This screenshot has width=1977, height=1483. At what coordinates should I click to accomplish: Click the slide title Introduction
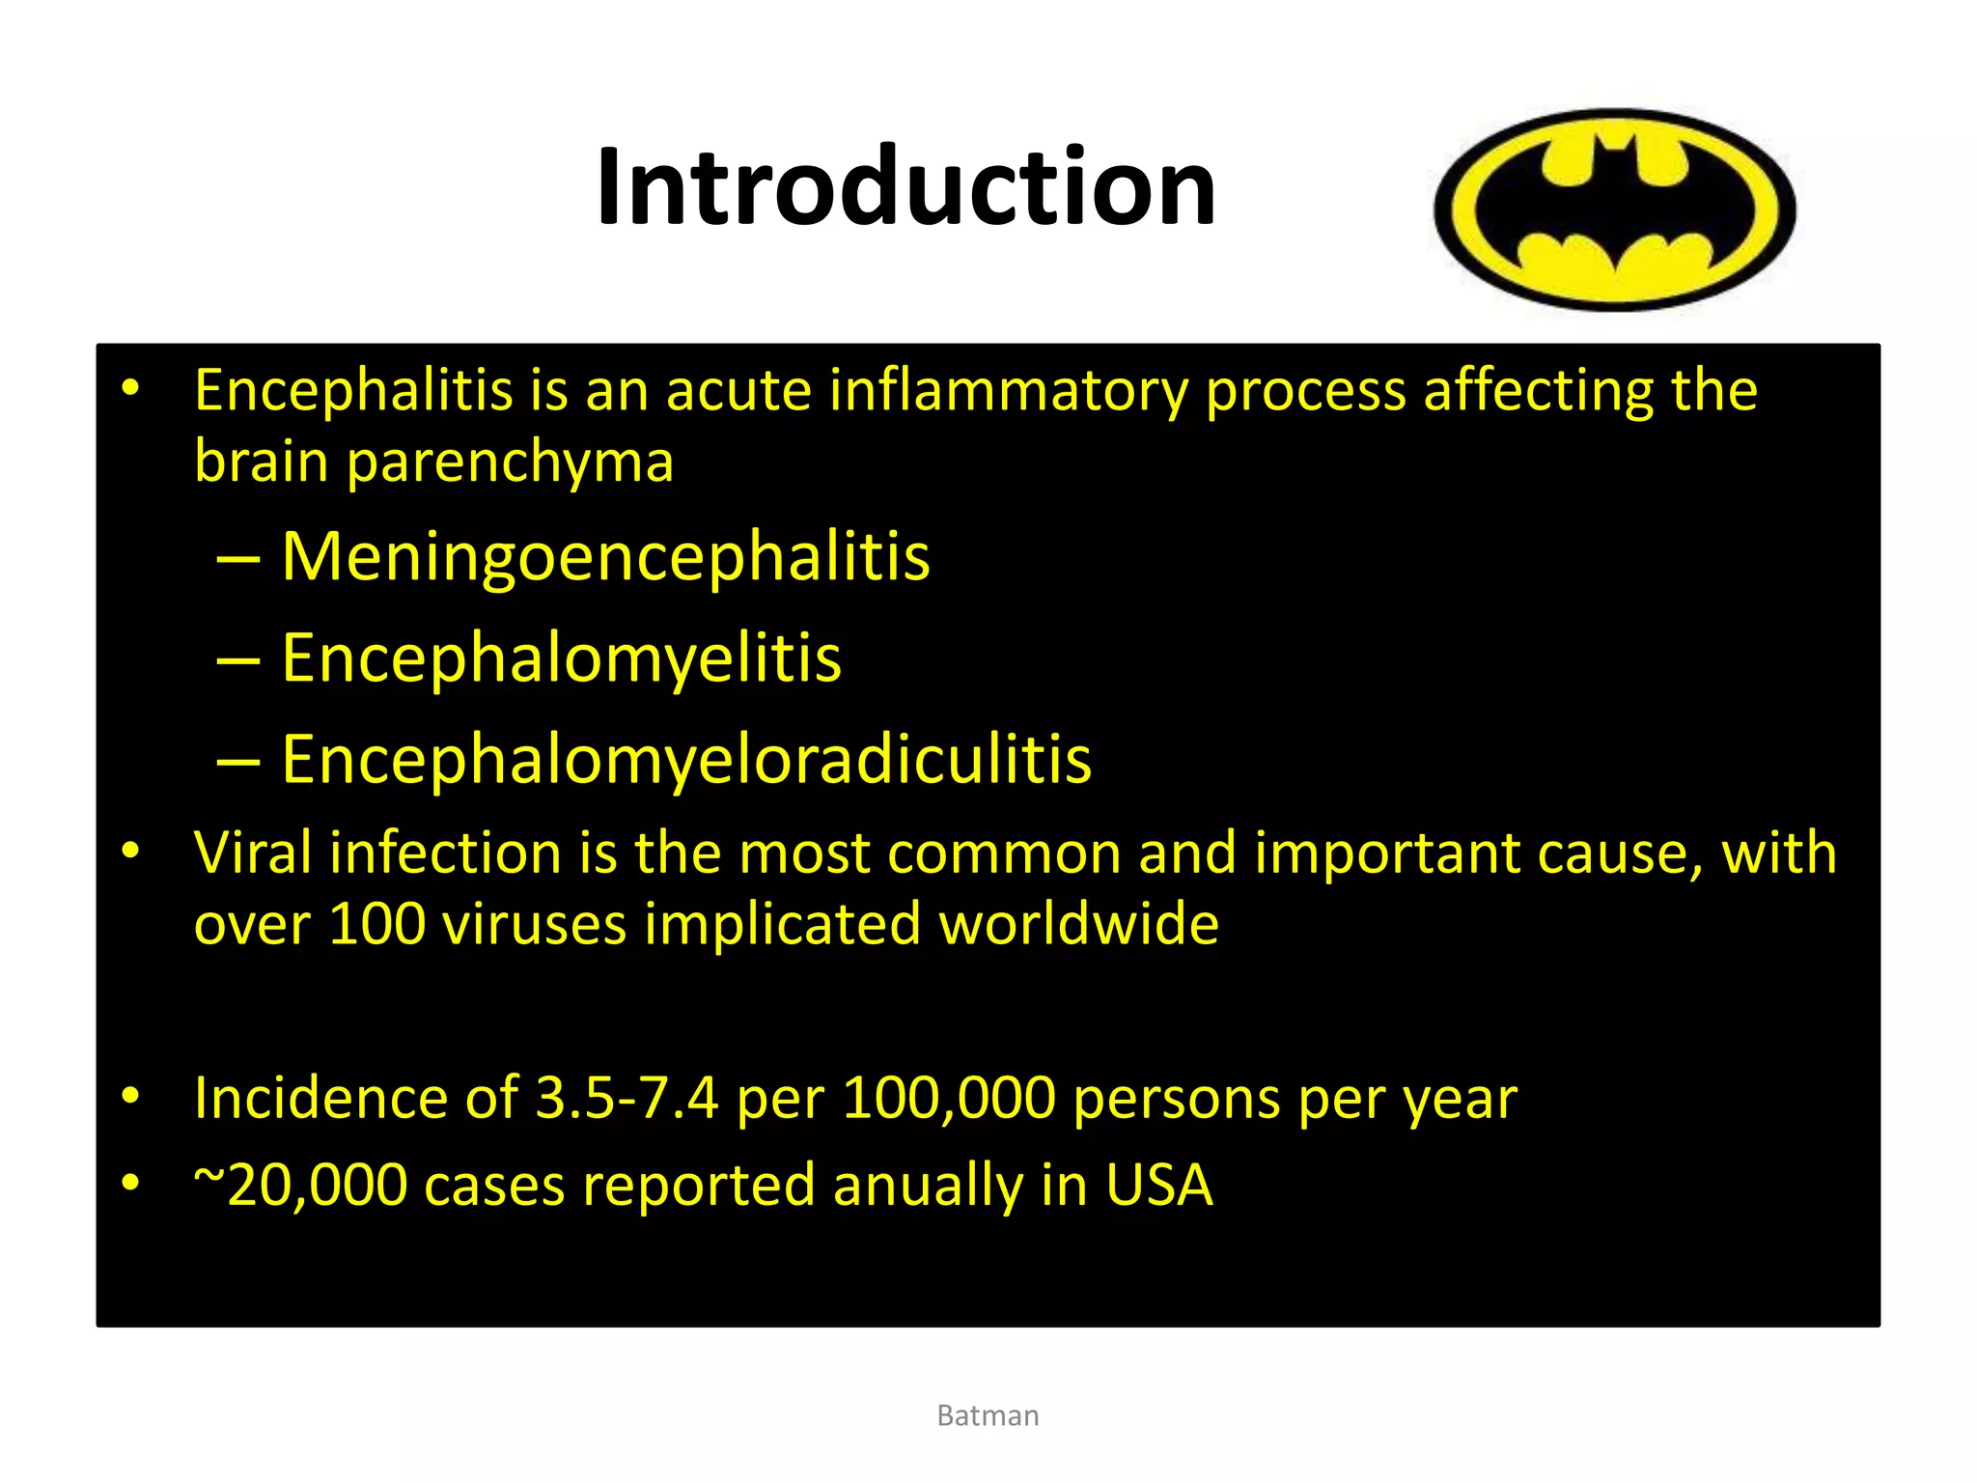click(x=905, y=185)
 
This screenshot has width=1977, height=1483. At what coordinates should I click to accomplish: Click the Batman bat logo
click(x=1614, y=210)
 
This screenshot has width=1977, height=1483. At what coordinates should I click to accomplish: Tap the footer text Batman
click(x=988, y=1415)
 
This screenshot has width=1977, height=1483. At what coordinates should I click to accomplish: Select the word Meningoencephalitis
click(x=605, y=557)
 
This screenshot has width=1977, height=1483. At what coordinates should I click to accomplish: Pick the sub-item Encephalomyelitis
click(x=561, y=658)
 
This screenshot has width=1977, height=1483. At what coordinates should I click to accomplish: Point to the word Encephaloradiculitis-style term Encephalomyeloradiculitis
click(x=686, y=760)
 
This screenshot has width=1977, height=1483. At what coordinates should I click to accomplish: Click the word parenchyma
click(x=510, y=462)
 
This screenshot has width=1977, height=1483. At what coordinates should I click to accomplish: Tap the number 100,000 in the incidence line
click(x=949, y=1099)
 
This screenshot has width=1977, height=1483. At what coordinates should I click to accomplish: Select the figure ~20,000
click(x=300, y=1186)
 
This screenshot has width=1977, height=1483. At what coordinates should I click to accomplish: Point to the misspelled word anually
click(x=928, y=1186)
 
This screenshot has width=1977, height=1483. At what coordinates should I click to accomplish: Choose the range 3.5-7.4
click(x=627, y=1099)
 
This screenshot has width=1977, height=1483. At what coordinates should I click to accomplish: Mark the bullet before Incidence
click(x=131, y=1096)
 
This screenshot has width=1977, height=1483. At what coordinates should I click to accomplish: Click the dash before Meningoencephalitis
click(x=238, y=559)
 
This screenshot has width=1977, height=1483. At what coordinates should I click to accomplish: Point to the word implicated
click(x=782, y=924)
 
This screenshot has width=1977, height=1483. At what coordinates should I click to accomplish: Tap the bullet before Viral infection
click(x=131, y=851)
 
